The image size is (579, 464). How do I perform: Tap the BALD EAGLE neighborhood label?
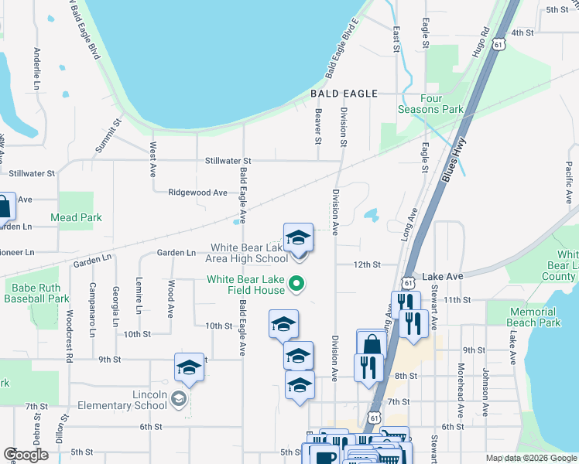click(x=344, y=94)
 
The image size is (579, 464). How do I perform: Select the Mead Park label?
click(x=76, y=218)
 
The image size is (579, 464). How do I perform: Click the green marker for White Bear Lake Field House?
click(x=295, y=285)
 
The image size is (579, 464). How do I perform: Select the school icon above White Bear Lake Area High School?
click(x=298, y=238)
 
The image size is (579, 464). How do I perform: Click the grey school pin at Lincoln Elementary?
click(x=179, y=398)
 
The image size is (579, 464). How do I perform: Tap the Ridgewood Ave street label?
click(x=200, y=193)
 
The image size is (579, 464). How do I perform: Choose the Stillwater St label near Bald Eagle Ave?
click(x=229, y=161)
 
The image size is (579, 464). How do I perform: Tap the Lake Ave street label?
click(x=442, y=276)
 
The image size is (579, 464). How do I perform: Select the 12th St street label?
click(x=367, y=264)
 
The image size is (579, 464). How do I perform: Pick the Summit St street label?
click(x=109, y=135)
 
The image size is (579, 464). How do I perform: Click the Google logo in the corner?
click(x=26, y=455)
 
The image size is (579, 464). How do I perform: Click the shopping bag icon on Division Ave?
click(x=372, y=344)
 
